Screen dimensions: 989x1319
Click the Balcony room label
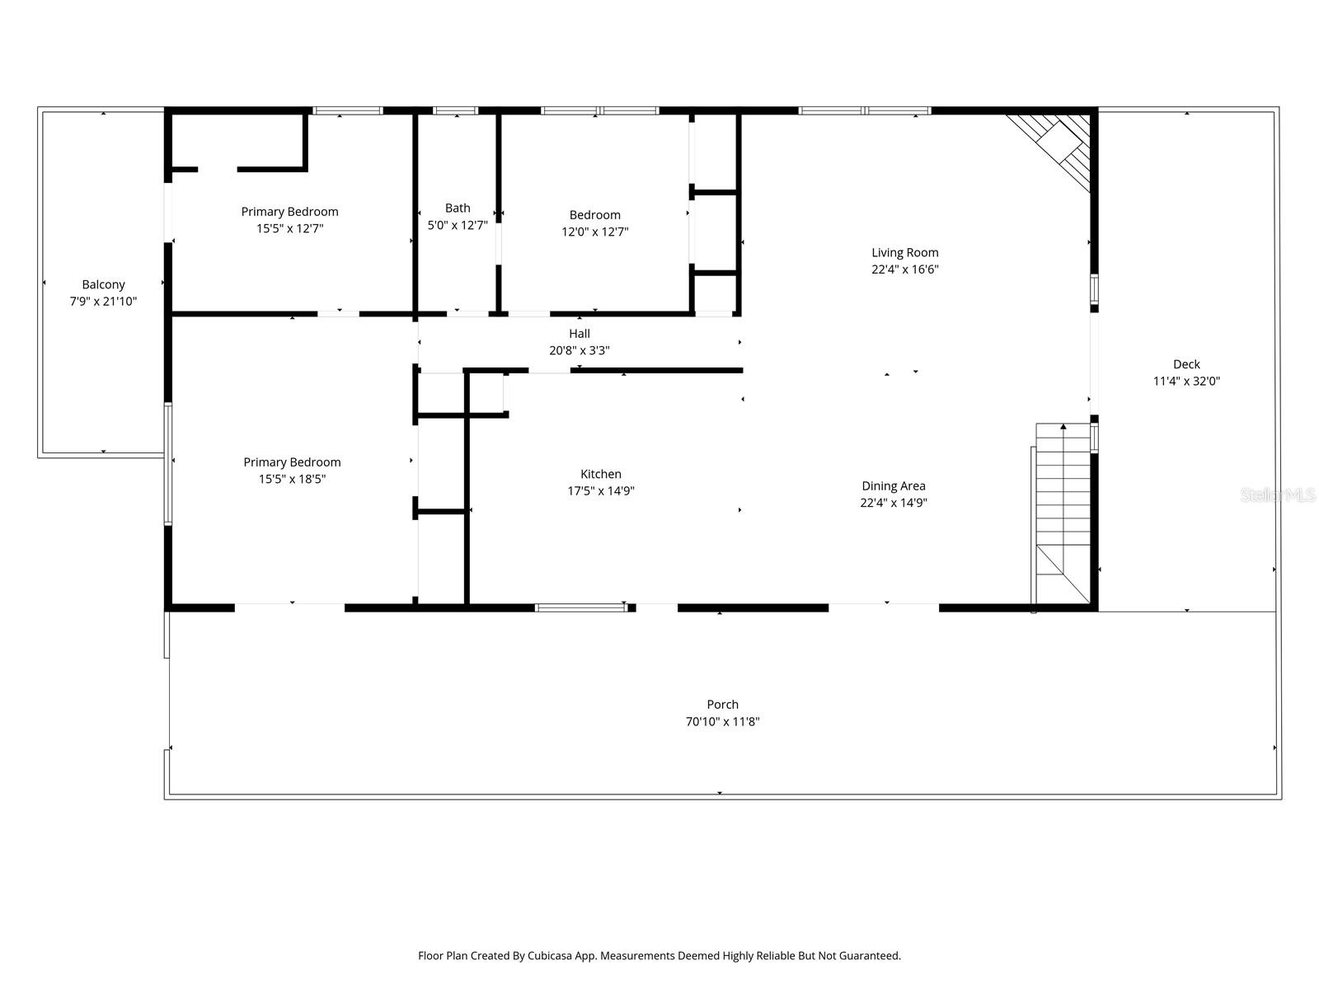pyautogui.click(x=103, y=285)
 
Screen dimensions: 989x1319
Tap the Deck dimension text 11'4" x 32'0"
pyautogui.click(x=1186, y=381)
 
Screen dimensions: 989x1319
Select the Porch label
pyautogui.click(x=722, y=705)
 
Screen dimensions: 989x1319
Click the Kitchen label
pyautogui.click(x=600, y=474)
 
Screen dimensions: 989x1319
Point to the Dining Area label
pyautogui.click(x=894, y=486)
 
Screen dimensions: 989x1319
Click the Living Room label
pyautogui.click(x=905, y=253)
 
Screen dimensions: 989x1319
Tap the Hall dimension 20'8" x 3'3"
pyautogui.click(x=579, y=350)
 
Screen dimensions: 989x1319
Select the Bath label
pyautogui.click(x=458, y=209)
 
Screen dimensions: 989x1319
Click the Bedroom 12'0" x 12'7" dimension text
pyautogui.click(x=594, y=232)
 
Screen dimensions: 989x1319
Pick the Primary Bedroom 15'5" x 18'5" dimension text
pyautogui.click(x=292, y=479)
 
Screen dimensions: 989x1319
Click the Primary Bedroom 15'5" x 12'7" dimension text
pyautogui.click(x=289, y=228)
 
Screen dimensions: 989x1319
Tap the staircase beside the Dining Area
pyautogui.click(x=1063, y=511)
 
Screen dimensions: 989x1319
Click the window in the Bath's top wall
pyautogui.click(x=455, y=110)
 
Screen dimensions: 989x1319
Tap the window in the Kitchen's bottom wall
pyautogui.click(x=581, y=608)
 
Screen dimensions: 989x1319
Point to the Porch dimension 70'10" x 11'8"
pyautogui.click(x=722, y=722)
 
